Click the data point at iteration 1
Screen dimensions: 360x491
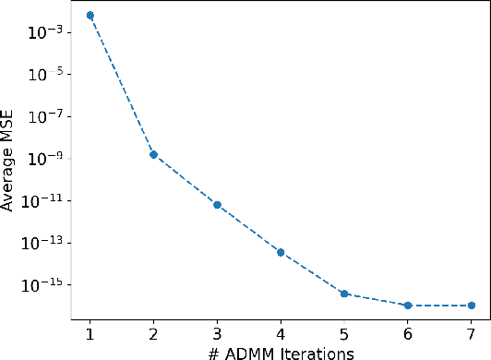pos(90,16)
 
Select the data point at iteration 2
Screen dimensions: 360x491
pos(153,154)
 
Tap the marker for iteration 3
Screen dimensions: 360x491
pos(217,204)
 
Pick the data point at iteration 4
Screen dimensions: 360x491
pos(281,252)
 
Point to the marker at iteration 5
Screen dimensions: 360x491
pos(344,294)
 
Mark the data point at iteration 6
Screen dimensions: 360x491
pos(408,306)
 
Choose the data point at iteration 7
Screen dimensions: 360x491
pos(472,306)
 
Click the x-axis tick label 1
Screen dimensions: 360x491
pos(90,332)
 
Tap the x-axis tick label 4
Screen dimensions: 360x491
pos(281,332)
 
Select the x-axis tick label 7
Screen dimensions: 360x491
pos(472,332)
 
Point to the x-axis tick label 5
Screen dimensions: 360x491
pos(344,332)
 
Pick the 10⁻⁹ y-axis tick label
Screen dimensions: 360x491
pos(45,159)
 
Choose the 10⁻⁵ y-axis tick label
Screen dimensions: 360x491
pos(45,74)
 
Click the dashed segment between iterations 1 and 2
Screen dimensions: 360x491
pos(121,85)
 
